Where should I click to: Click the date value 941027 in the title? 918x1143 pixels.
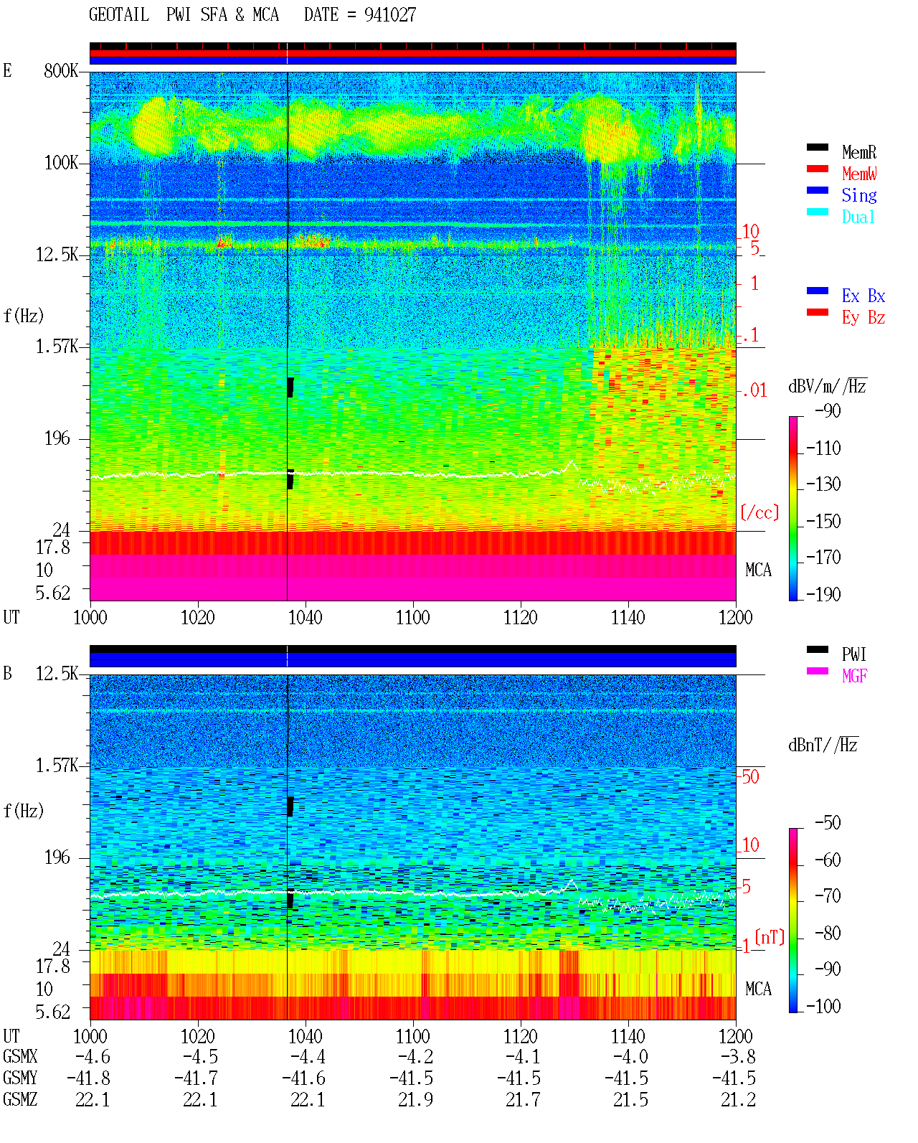pyautogui.click(x=389, y=15)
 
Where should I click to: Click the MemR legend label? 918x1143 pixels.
pyautogui.click(x=859, y=152)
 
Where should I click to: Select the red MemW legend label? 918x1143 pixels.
pyautogui.click(x=859, y=174)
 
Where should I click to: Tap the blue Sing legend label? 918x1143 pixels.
pyautogui.click(x=859, y=195)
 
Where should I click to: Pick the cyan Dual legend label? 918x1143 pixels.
pyautogui.click(x=858, y=217)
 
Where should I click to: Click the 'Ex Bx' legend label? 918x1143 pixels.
pyautogui.click(x=863, y=296)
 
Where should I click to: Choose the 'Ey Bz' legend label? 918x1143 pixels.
pyautogui.click(x=863, y=318)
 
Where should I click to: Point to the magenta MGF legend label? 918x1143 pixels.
pyautogui.click(x=854, y=676)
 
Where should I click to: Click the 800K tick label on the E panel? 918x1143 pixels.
pyautogui.click(x=60, y=70)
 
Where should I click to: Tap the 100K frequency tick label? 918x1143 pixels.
pyautogui.click(x=60, y=163)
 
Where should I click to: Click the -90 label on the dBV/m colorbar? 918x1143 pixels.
pyautogui.click(x=828, y=410)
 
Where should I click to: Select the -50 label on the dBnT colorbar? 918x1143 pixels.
pyautogui.click(x=828, y=823)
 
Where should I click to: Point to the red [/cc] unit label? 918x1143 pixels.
pyautogui.click(x=760, y=512)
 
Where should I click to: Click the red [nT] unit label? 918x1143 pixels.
pyautogui.click(x=770, y=937)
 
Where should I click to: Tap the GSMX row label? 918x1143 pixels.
pyautogui.click(x=20, y=1057)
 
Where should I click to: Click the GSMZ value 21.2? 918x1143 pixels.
pyautogui.click(x=738, y=1099)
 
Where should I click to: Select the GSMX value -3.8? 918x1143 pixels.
pyautogui.click(x=738, y=1057)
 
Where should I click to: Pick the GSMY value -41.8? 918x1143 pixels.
pyautogui.click(x=88, y=1078)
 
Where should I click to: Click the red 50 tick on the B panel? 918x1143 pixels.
pyautogui.click(x=750, y=777)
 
